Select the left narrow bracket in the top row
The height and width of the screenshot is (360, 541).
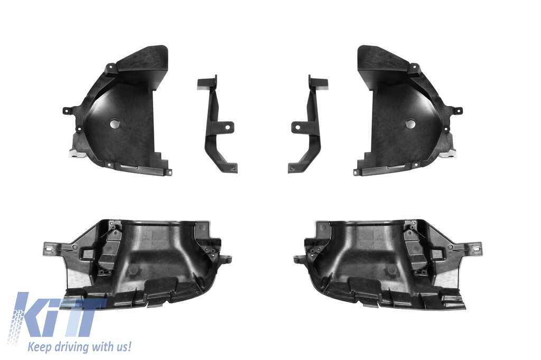click(x=217, y=124)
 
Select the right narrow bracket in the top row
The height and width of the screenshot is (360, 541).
click(x=308, y=124)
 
